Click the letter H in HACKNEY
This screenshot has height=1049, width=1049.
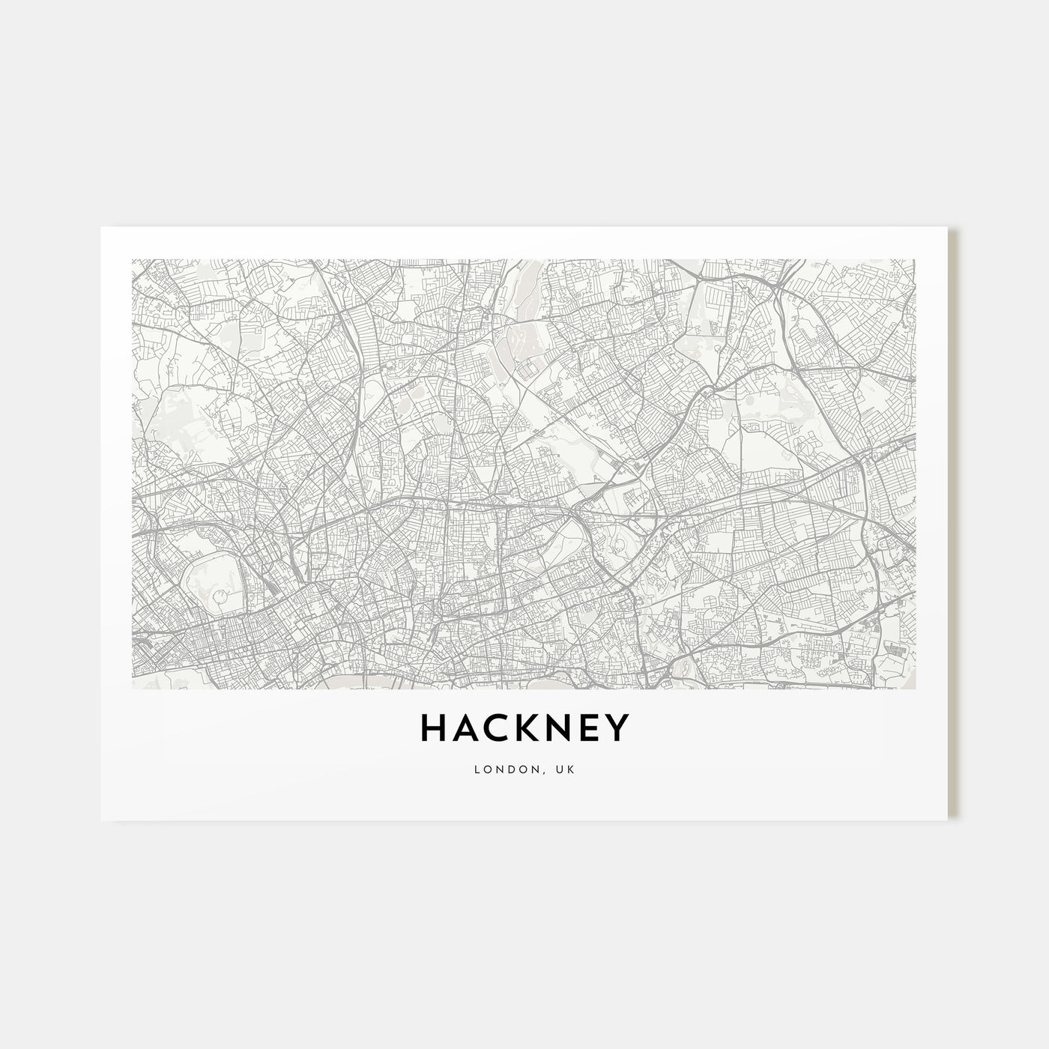pyautogui.click(x=434, y=728)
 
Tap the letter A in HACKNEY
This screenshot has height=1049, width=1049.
pyautogui.click(x=465, y=728)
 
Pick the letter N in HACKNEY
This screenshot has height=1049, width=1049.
pyautogui.click(x=559, y=728)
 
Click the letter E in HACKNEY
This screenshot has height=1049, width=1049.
pyautogui.click(x=588, y=728)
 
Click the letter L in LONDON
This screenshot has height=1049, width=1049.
pyautogui.click(x=477, y=770)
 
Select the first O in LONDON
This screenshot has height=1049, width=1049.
pyautogui.click(x=487, y=770)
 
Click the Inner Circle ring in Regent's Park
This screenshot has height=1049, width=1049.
pyautogui.click(x=220, y=596)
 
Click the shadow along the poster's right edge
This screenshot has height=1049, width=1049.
pyautogui.click(x=953, y=524)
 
